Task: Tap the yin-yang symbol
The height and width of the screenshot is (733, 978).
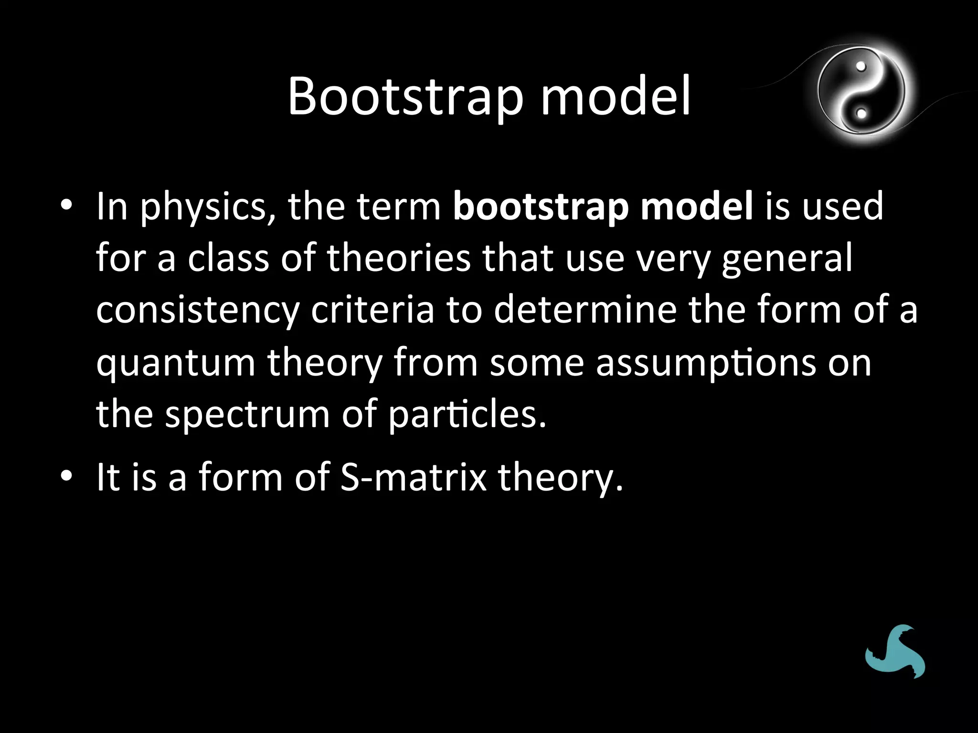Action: (861, 91)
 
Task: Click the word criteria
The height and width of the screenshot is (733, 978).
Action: (372, 310)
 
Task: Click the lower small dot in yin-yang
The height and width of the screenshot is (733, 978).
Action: (861, 114)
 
